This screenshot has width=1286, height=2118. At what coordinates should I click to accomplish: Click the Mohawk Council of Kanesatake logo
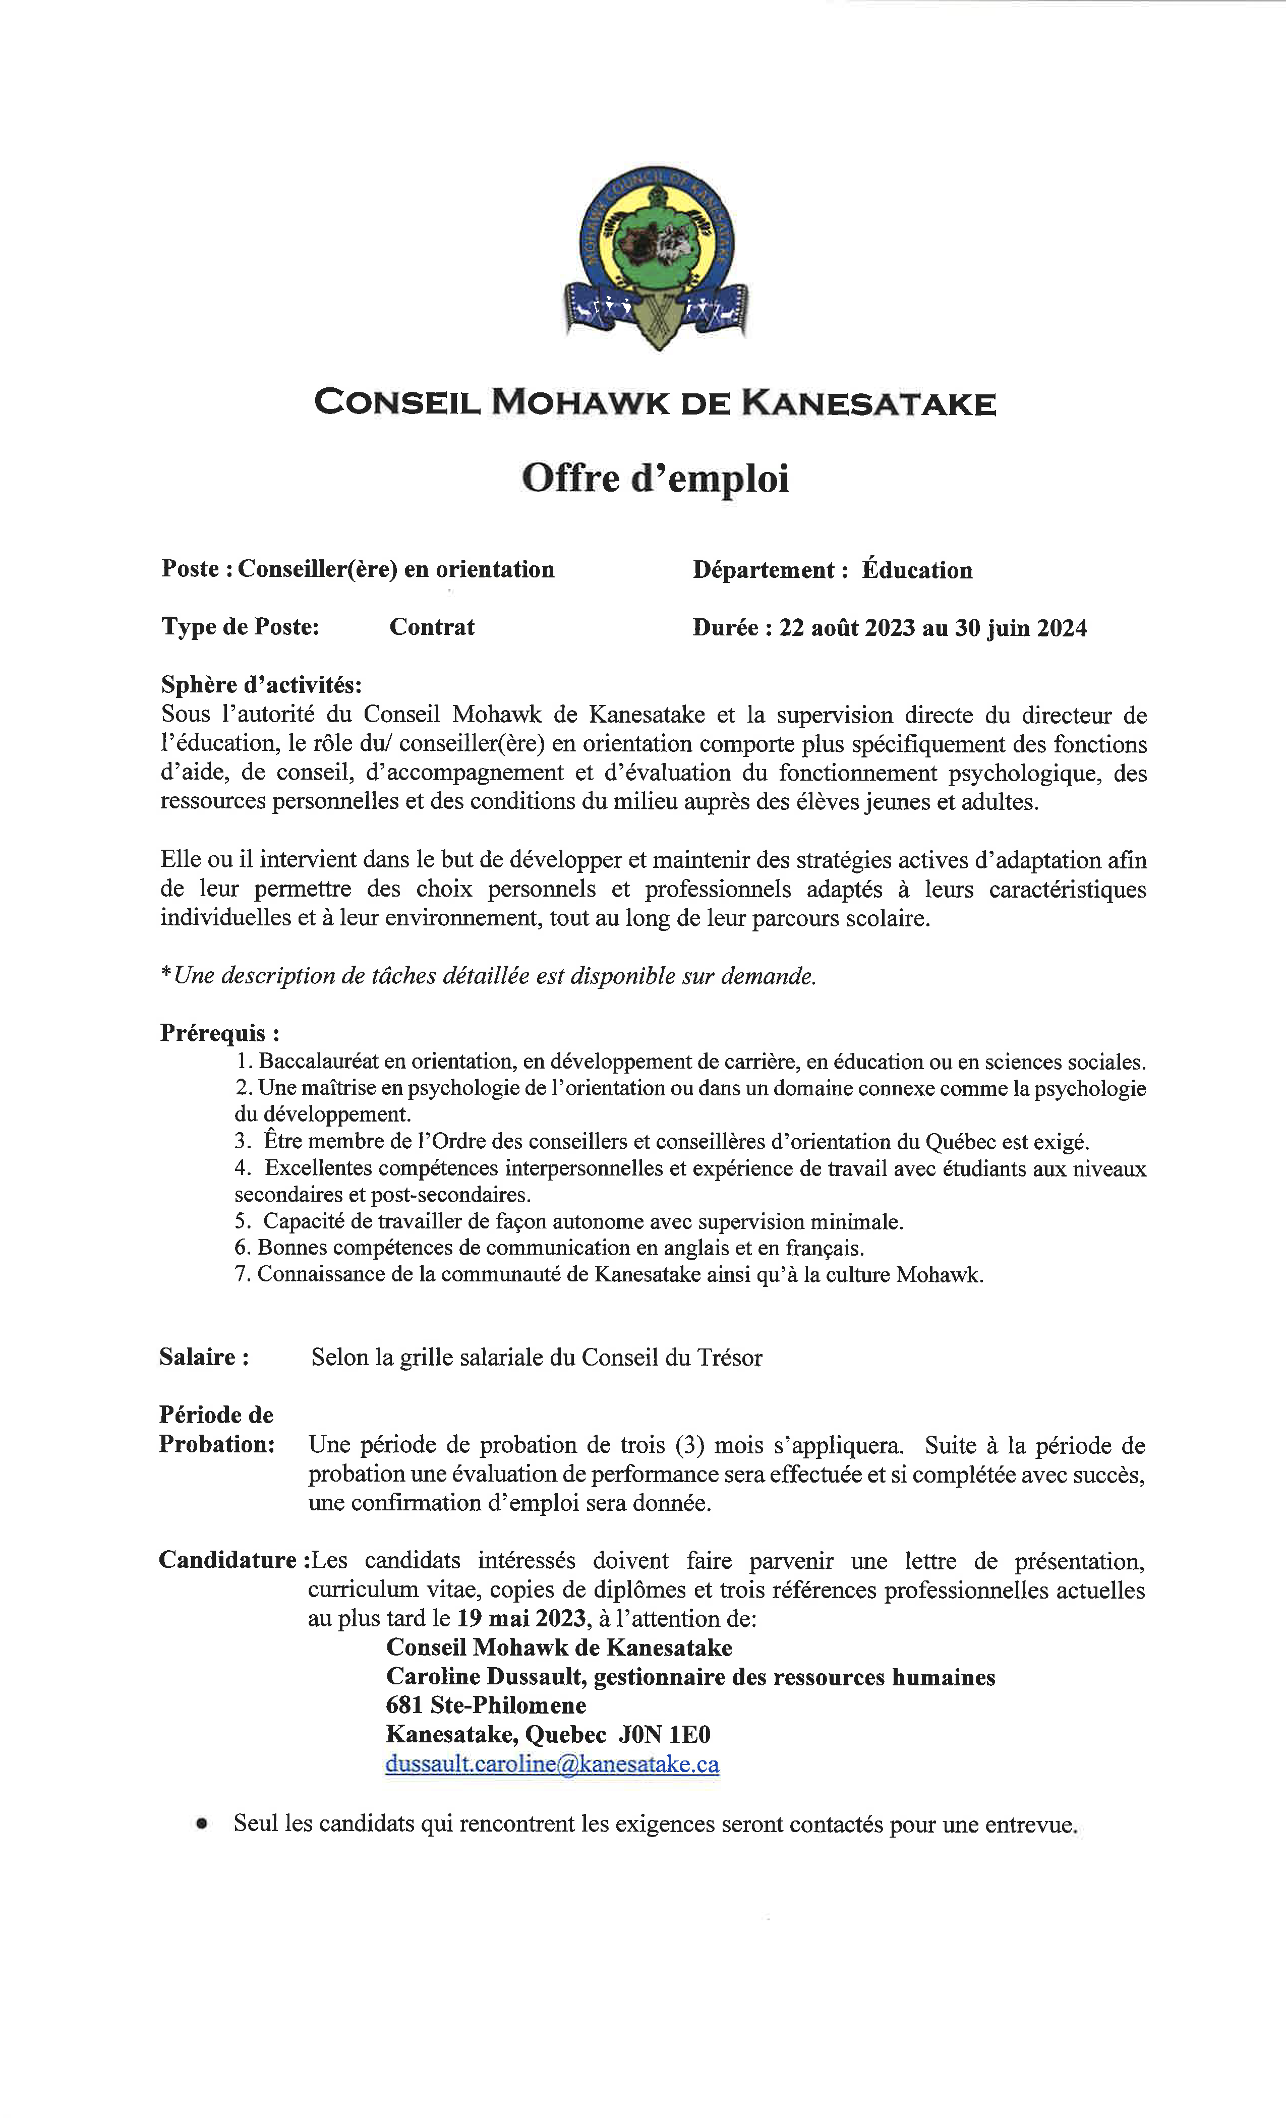[655, 258]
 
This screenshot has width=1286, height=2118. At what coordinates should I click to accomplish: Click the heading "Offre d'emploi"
[655, 478]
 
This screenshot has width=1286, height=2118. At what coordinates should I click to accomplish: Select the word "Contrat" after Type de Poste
[432, 627]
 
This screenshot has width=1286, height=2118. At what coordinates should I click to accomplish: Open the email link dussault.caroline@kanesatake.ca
[552, 1764]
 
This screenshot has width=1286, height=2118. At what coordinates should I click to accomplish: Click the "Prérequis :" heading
[219, 1032]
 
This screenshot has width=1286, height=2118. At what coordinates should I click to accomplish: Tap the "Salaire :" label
[204, 1357]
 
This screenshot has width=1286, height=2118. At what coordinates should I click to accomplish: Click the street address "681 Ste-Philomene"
[486, 1705]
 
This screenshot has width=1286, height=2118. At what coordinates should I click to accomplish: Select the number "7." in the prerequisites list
[243, 1274]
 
